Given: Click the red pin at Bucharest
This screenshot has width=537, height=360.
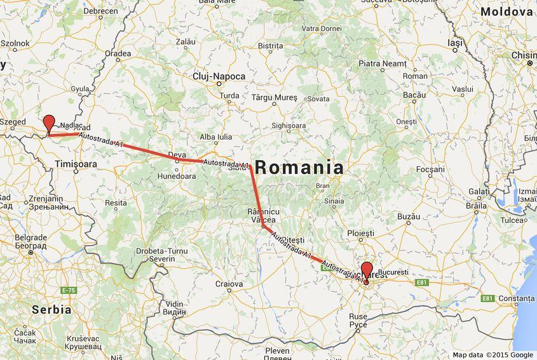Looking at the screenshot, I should [x=367, y=270].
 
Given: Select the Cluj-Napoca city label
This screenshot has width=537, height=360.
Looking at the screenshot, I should [x=219, y=76].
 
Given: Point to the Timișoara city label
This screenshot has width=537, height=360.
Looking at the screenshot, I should [x=76, y=164].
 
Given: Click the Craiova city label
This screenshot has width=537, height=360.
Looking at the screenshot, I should [x=229, y=284].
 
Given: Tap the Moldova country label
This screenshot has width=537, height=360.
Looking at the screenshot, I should [x=506, y=12].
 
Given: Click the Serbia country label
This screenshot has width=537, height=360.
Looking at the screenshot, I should [x=51, y=309].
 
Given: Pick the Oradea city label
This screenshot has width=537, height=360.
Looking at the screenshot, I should [x=118, y=54].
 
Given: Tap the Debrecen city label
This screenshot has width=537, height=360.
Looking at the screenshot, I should [x=100, y=11].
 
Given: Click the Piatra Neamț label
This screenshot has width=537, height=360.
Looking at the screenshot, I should [x=382, y=63].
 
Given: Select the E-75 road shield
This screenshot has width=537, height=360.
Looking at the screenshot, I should [x=69, y=290].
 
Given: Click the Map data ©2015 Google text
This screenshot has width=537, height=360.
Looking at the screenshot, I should [x=493, y=355].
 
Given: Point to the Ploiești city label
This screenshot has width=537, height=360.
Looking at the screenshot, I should [x=361, y=234].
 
